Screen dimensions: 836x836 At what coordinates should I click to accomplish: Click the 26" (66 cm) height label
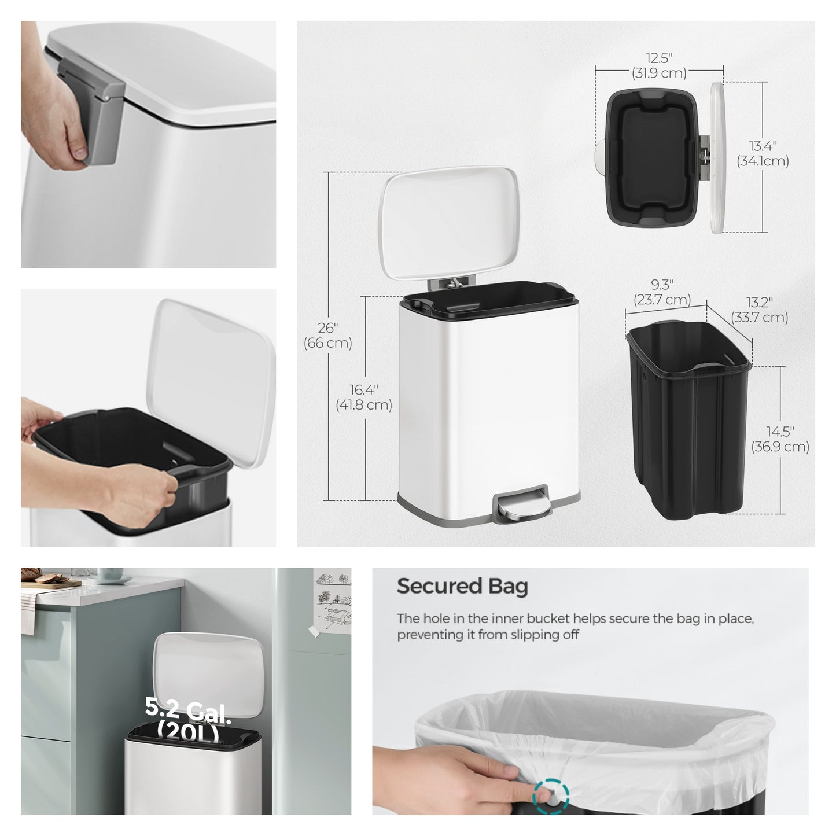pos(327,336)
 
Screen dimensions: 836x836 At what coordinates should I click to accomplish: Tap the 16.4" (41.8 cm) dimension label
pos(363,397)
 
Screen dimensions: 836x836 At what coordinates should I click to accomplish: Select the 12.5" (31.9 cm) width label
pos(659,65)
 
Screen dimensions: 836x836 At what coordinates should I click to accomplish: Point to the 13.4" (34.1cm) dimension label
pos(763,153)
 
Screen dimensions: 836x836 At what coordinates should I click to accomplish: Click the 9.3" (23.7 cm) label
pos(662,292)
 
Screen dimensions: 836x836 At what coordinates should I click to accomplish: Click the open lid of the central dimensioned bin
pos(448,223)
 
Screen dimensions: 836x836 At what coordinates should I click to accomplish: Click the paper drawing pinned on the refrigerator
pos(333,601)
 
